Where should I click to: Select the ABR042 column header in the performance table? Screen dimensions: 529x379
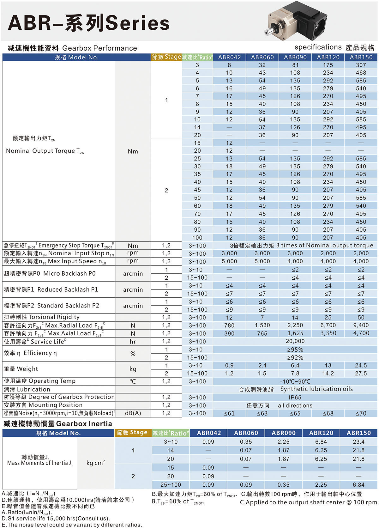[x=229, y=57]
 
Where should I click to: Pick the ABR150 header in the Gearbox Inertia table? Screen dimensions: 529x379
[x=358, y=433]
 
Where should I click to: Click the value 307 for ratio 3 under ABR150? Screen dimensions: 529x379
[x=361, y=65]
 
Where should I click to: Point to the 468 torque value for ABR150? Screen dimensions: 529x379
[x=361, y=73]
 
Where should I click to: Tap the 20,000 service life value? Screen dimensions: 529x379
[x=295, y=341]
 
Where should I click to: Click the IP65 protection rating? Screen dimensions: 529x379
[x=295, y=397]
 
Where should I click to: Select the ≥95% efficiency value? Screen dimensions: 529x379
[x=295, y=350]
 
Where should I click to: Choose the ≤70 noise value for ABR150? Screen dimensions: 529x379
[x=361, y=413]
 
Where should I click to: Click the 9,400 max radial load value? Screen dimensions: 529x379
[x=361, y=325]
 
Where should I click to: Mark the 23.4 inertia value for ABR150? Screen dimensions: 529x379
[x=358, y=442]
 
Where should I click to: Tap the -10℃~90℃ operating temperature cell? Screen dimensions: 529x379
[x=295, y=381]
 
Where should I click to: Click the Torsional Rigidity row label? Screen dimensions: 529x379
[x=41, y=317]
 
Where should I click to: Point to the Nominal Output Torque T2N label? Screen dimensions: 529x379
[x=45, y=151]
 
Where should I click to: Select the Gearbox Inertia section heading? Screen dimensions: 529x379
[x=57, y=424]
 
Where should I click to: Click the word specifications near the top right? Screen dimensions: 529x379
[x=318, y=47]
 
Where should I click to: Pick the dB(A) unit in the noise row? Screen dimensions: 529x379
[x=133, y=413]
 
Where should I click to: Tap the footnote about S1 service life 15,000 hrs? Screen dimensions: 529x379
[x=56, y=518]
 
